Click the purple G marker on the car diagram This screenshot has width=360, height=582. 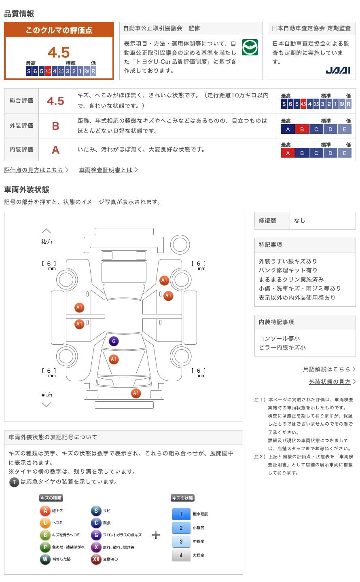[x=114, y=342]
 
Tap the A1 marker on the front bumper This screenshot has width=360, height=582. [x=136, y=393]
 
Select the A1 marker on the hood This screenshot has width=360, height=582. [x=114, y=359]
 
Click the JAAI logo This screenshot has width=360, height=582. [x=338, y=70]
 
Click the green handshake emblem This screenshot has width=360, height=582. [x=250, y=48]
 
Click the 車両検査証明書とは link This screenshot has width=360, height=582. [x=106, y=170]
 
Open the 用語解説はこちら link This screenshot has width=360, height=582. [x=327, y=369]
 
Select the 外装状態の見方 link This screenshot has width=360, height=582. [x=330, y=382]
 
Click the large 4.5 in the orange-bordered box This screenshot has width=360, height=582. [x=59, y=53]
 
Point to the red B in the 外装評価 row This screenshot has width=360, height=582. [x=55, y=126]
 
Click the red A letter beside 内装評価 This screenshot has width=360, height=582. [x=55, y=150]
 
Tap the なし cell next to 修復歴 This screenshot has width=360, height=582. [x=300, y=221]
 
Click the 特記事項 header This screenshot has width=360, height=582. [x=271, y=245]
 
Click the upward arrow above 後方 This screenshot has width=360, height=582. [x=47, y=231]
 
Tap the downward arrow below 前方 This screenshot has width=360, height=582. [x=47, y=405]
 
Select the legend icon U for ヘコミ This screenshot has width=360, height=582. [x=45, y=523]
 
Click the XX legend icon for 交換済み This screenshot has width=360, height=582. [x=96, y=559]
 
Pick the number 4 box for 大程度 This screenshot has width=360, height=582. [x=181, y=555]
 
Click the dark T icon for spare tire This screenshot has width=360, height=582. [x=14, y=482]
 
